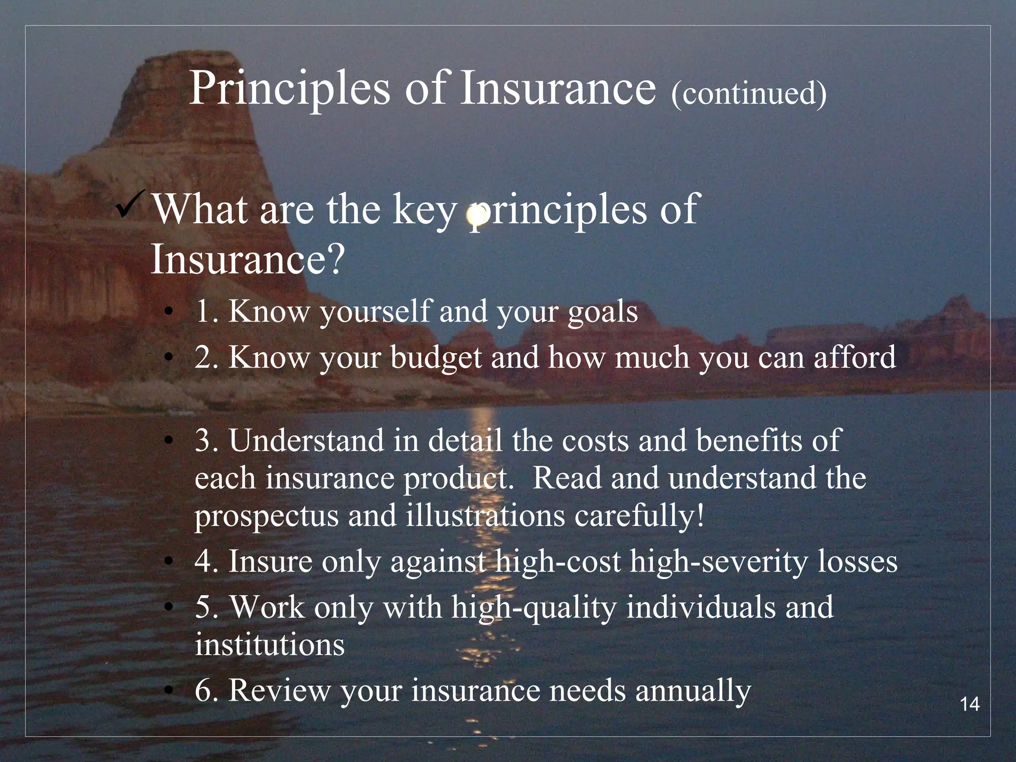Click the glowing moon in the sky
pyautogui.click(x=477, y=215)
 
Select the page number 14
pyautogui.click(x=970, y=704)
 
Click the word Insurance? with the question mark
pyautogui.click(x=247, y=259)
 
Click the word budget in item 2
pyautogui.click(x=436, y=358)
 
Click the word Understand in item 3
pyautogui.click(x=306, y=441)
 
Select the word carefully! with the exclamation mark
pyautogui.click(x=639, y=516)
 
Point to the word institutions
pyautogui.click(x=269, y=645)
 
